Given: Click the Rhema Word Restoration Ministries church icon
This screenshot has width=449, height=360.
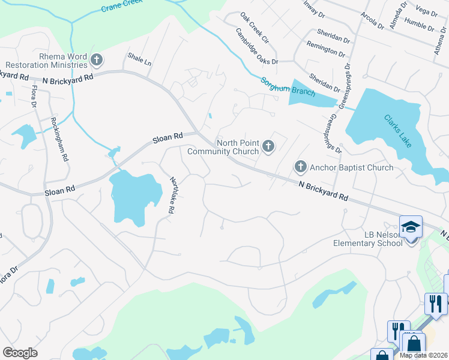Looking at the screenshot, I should click(x=96, y=60).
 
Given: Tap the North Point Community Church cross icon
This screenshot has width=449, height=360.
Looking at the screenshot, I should click(x=268, y=146).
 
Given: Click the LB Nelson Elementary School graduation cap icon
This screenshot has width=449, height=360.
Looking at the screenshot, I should click(x=411, y=227).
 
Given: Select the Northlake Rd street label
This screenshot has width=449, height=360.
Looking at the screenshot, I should click(x=173, y=196).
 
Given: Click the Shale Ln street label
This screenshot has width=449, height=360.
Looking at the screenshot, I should click(x=139, y=59).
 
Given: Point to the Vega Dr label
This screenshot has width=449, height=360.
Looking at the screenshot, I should click(x=426, y=11).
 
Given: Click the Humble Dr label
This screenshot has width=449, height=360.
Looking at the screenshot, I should click(x=419, y=26).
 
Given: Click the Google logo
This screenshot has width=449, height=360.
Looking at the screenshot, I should click(x=20, y=353).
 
